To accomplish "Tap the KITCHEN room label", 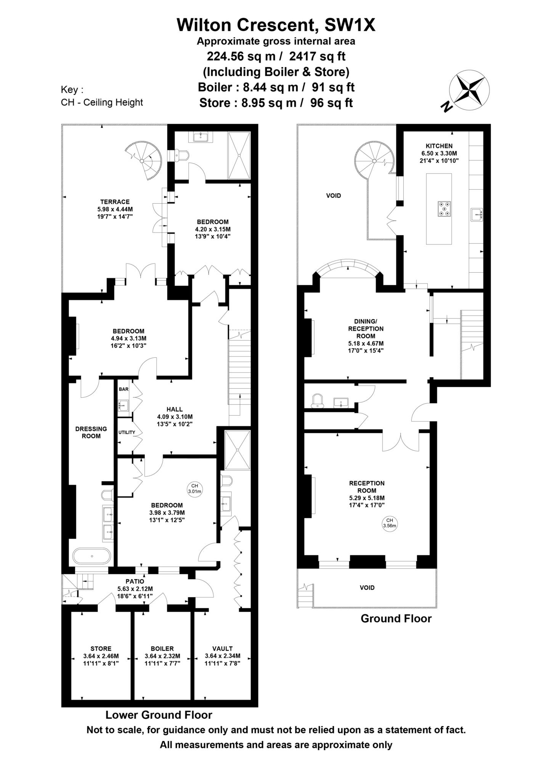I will [439, 146].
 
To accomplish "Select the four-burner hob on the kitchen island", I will [444, 209].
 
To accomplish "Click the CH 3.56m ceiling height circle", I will [389, 523].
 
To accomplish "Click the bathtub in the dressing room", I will [92, 556].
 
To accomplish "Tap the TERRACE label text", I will [115, 202].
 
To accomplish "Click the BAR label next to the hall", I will [124, 389].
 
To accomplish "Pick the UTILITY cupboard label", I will [127, 432].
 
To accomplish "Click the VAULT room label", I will [222, 648].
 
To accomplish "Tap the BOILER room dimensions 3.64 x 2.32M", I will [162, 656].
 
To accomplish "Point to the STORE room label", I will [101, 648].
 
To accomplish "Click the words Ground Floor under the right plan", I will [396, 618].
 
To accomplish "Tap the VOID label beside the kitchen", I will [333, 196].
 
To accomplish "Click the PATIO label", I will [135, 581].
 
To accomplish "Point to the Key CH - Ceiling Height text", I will [102, 102].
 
